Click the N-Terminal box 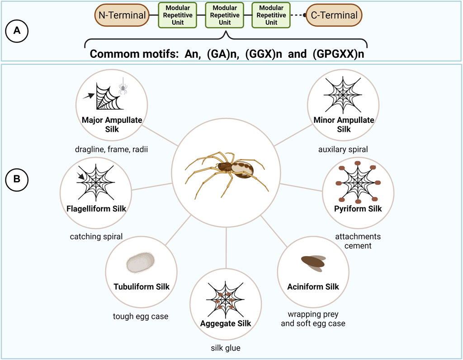click(x=122, y=15)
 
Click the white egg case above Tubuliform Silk click(x=141, y=262)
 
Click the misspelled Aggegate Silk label click(x=226, y=323)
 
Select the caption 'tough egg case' click(x=141, y=316)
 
